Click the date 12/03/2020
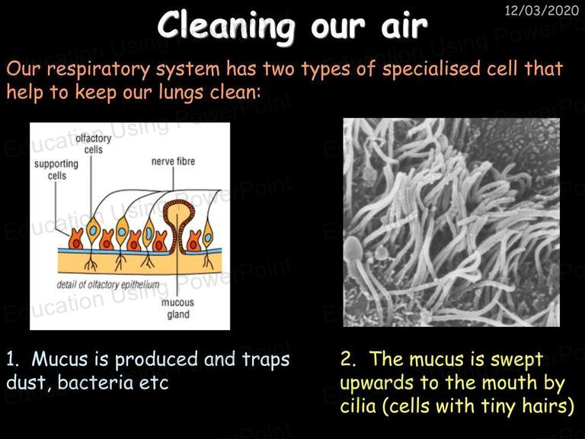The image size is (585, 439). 542,10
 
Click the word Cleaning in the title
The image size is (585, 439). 225,25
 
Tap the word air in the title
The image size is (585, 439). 404,25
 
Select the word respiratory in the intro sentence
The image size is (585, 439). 97,70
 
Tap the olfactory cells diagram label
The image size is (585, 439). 93,144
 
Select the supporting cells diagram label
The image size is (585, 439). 56,169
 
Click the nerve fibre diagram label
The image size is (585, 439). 173,162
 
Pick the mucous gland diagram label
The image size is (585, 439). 178,309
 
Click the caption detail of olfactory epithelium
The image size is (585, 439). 108,285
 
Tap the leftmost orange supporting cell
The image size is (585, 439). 75,239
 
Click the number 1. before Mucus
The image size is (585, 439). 13,359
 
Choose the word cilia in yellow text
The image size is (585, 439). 358,405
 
